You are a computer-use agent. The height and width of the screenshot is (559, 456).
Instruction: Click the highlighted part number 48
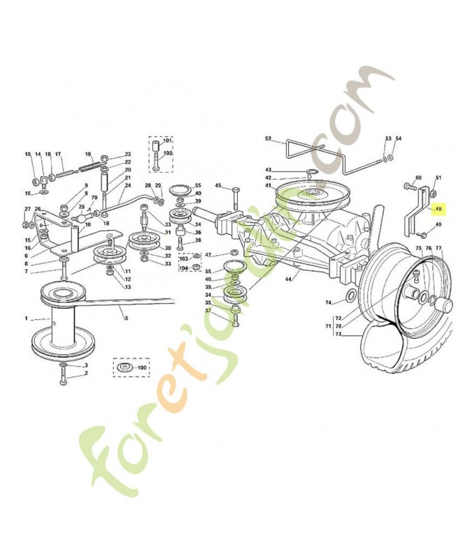click(x=439, y=209)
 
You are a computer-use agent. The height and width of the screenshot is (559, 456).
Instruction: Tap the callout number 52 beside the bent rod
click(x=268, y=139)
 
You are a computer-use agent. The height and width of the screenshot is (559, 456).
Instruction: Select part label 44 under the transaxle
click(x=287, y=279)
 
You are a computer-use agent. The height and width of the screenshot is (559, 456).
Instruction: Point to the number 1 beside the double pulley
click(x=27, y=319)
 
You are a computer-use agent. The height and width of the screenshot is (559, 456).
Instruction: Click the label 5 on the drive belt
click(x=127, y=319)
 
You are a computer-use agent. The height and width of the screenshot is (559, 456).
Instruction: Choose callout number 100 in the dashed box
click(x=142, y=367)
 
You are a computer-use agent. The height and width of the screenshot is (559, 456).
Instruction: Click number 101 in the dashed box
click(x=168, y=140)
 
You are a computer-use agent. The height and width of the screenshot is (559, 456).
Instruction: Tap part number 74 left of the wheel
click(x=329, y=302)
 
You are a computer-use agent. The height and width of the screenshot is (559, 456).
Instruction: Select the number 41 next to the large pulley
click(x=268, y=185)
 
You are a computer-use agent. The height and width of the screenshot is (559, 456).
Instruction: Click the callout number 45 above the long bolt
click(x=218, y=185)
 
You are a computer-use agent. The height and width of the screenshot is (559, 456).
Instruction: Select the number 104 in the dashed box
click(x=183, y=268)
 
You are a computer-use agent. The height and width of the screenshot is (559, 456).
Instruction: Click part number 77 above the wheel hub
click(x=439, y=248)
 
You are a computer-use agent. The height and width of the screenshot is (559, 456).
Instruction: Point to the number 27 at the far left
click(x=27, y=209)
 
